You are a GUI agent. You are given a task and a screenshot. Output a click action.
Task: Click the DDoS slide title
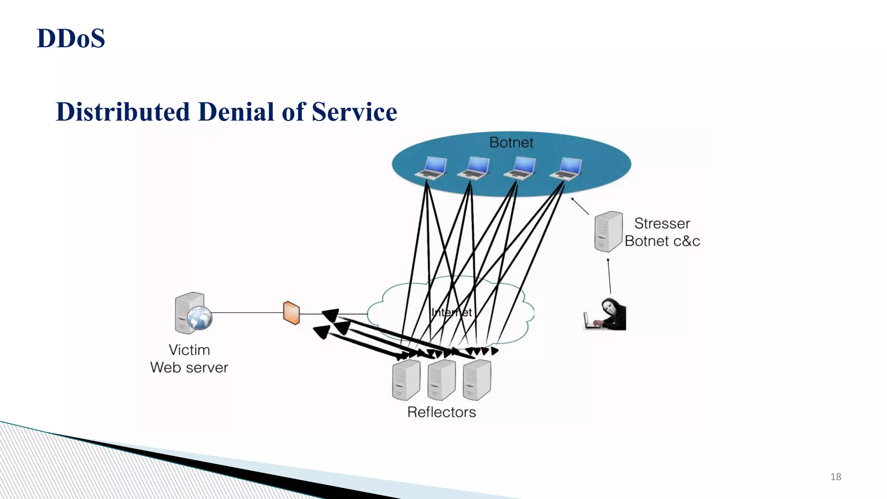(71, 38)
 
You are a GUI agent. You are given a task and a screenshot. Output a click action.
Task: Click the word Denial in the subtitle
(236, 112)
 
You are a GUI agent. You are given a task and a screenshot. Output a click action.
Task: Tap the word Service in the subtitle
(354, 112)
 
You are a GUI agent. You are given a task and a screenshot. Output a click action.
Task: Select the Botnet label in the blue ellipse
(511, 143)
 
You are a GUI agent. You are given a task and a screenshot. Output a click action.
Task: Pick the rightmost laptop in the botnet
(566, 168)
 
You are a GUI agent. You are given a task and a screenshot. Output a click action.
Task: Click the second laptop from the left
(474, 168)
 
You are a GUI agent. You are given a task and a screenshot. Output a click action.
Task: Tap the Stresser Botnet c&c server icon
(608, 231)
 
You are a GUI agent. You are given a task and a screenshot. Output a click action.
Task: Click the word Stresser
(662, 224)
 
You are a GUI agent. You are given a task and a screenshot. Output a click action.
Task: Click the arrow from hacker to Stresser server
(609, 276)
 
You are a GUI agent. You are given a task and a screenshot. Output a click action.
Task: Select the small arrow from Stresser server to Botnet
(580, 206)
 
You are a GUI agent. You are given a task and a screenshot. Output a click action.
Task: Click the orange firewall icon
(291, 313)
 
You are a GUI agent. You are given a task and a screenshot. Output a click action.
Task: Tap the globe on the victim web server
(200, 318)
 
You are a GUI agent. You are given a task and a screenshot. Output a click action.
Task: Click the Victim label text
(189, 350)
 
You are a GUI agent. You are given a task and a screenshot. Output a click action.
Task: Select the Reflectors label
(441, 412)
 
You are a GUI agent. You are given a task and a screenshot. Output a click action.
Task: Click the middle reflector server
(441, 380)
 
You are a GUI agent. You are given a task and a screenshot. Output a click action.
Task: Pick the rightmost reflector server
(477, 380)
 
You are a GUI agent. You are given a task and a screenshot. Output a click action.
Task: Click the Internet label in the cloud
(452, 312)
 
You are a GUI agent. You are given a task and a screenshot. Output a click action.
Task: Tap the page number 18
(835, 477)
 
